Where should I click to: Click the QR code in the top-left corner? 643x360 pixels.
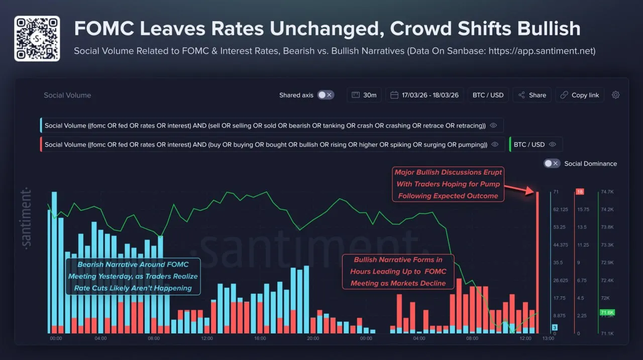[x=37, y=38]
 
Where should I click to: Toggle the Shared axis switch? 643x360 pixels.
[x=326, y=95]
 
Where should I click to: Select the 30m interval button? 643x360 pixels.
[x=364, y=95]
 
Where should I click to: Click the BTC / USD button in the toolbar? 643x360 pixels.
[x=488, y=95]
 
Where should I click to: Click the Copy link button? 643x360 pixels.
[x=580, y=95]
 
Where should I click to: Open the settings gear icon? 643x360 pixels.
[x=615, y=95]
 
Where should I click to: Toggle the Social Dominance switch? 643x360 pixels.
[x=552, y=163]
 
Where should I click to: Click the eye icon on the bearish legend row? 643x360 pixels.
[x=493, y=126]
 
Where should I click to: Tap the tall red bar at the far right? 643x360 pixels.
[x=538, y=261]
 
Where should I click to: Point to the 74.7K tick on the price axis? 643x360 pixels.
[x=606, y=192]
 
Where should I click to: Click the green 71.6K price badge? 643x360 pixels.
[x=607, y=312]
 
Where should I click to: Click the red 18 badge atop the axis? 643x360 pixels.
[x=579, y=192]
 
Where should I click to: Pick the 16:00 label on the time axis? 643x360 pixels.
[x=260, y=338]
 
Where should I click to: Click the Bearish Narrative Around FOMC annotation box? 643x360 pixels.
[x=133, y=276]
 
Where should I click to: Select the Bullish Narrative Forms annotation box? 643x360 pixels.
[x=398, y=272]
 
